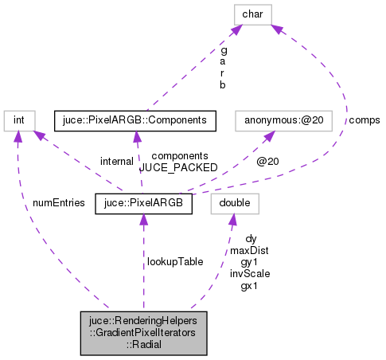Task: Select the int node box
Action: coord(17,120)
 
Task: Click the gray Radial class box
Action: coord(143,332)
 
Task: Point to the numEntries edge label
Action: coord(59,202)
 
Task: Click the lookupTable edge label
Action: coord(174,260)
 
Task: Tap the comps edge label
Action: coord(364,120)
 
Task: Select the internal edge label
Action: coord(116,161)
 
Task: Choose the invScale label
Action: coord(249,273)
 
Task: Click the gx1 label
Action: coord(249,285)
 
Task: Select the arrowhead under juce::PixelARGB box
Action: coord(143,220)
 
